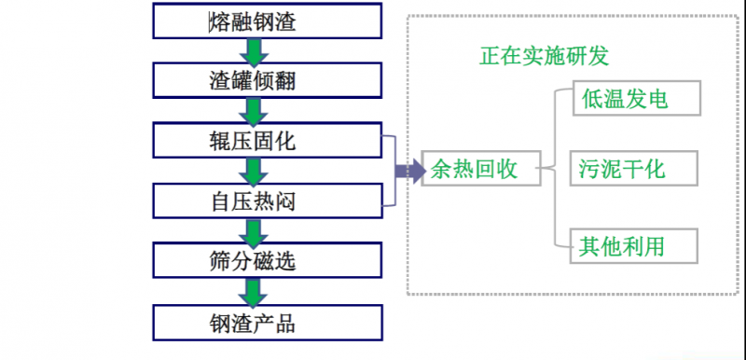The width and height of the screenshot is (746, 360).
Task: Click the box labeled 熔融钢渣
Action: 254,21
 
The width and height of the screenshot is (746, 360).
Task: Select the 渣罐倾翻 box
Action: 254,79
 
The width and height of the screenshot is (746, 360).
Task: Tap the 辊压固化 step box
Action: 254,141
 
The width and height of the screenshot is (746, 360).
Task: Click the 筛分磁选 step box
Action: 254,261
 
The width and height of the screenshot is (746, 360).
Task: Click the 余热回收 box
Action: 474,170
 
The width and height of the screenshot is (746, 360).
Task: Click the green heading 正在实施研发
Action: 544,56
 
